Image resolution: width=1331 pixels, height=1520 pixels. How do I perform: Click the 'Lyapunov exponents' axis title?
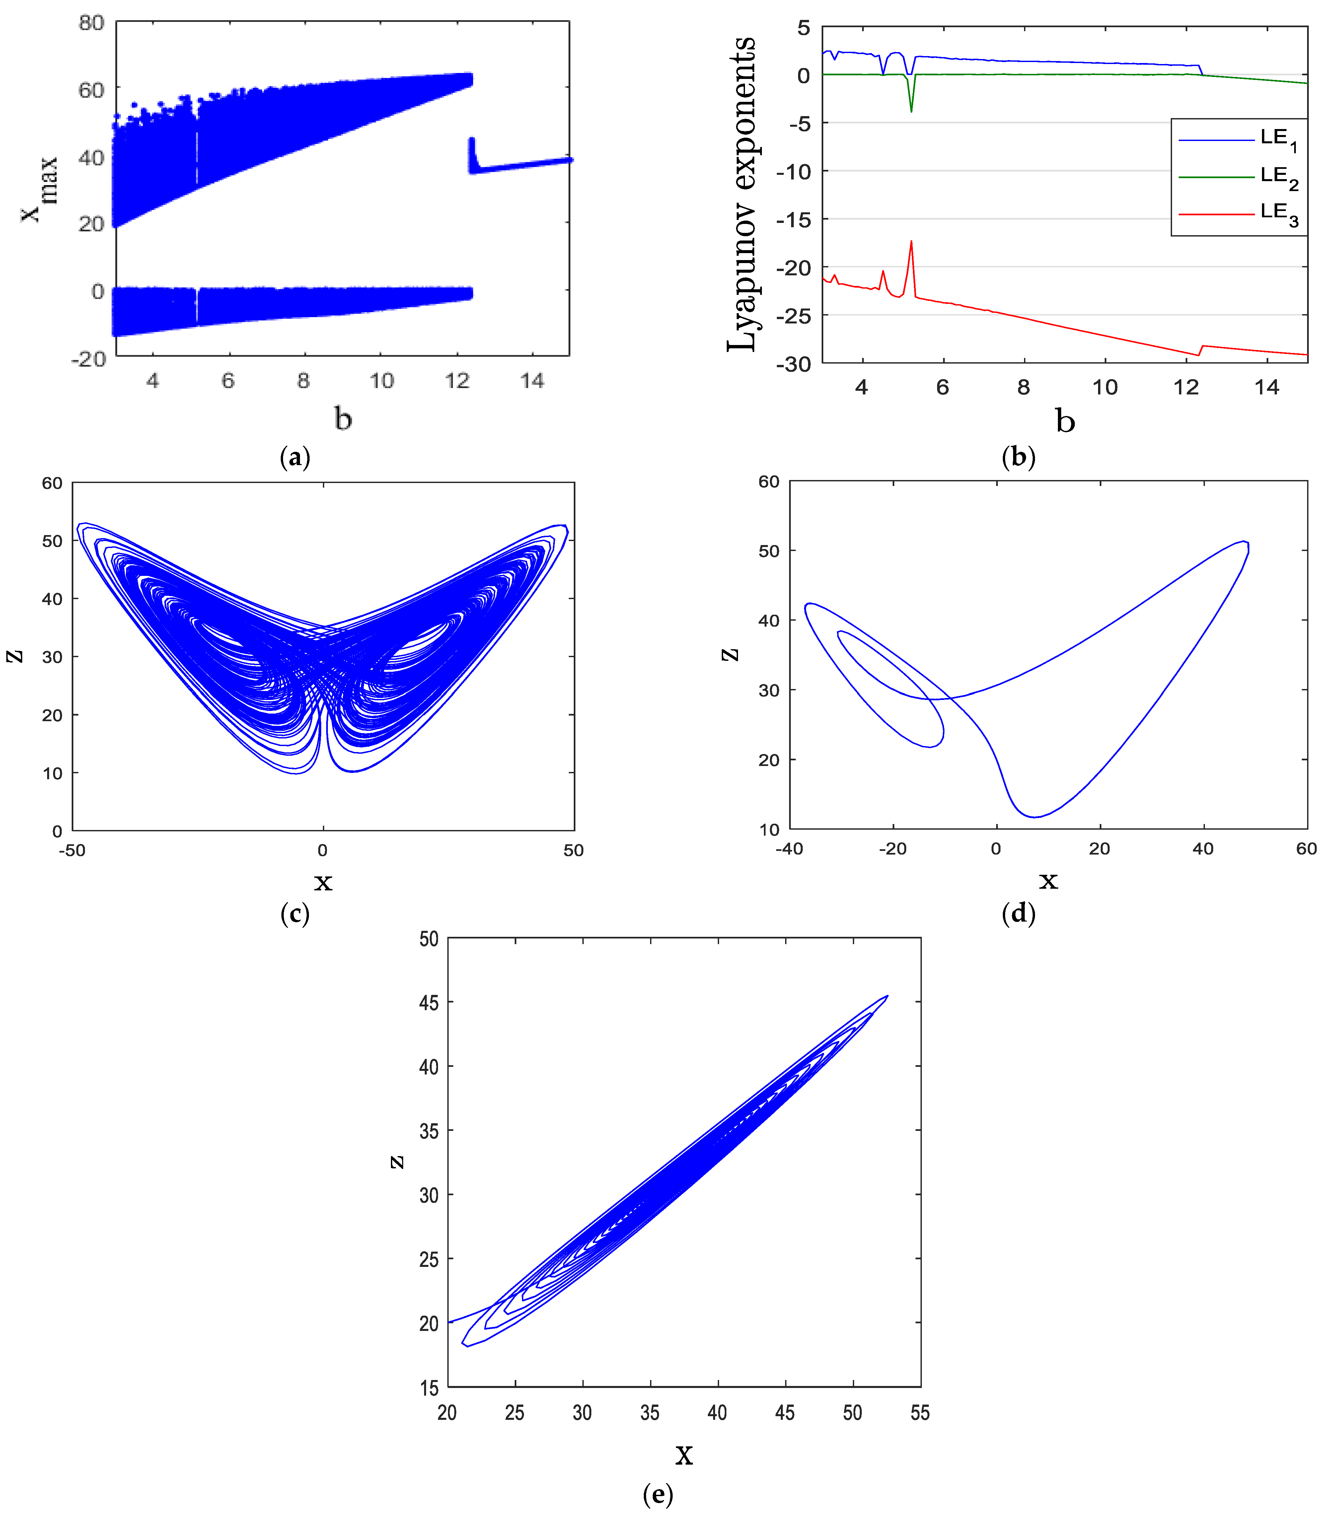point(741,193)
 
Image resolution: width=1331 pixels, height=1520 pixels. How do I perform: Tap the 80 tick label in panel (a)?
point(91,23)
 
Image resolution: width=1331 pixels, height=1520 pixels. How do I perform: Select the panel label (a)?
point(295,456)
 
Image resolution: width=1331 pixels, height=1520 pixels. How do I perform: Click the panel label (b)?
point(1018,456)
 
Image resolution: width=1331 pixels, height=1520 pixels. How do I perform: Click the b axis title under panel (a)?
point(342,419)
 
